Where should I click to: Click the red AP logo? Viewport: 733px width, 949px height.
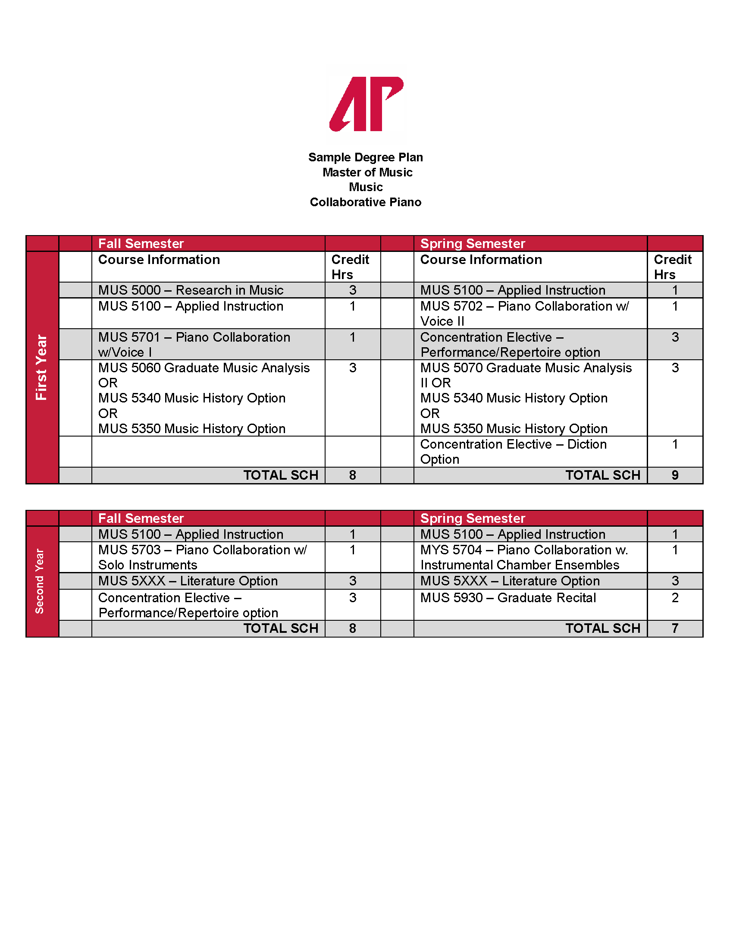coord(366,104)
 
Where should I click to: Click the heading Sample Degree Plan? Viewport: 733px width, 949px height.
coord(365,157)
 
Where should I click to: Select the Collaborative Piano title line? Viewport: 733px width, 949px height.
coord(365,202)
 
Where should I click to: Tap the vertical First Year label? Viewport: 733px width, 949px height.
coord(42,367)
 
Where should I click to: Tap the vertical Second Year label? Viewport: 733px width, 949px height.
coord(40,581)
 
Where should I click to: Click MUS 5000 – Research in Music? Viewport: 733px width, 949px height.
coord(191,290)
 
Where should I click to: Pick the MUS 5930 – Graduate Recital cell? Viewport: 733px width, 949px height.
coord(507,598)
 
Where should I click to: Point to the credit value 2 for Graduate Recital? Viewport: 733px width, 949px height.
coord(675,598)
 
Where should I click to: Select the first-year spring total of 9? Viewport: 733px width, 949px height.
coord(675,475)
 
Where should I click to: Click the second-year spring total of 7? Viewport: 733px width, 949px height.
coord(675,628)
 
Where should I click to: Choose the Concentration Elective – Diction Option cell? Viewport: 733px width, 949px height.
coord(513,452)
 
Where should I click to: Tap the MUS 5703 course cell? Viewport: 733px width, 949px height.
coord(202,557)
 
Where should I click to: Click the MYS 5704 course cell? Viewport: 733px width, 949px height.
coord(524,557)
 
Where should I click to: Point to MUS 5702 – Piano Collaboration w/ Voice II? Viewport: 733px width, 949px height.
coord(524,313)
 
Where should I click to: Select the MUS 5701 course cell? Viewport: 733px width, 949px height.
coord(194,344)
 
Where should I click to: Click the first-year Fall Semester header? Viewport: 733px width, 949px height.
coord(141,243)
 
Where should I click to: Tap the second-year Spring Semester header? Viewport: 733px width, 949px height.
coord(473,518)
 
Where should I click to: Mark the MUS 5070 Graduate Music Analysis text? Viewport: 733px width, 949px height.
coord(526,368)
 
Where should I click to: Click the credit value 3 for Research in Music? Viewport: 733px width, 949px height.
coord(353,290)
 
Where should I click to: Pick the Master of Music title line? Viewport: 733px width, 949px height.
coord(367,173)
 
